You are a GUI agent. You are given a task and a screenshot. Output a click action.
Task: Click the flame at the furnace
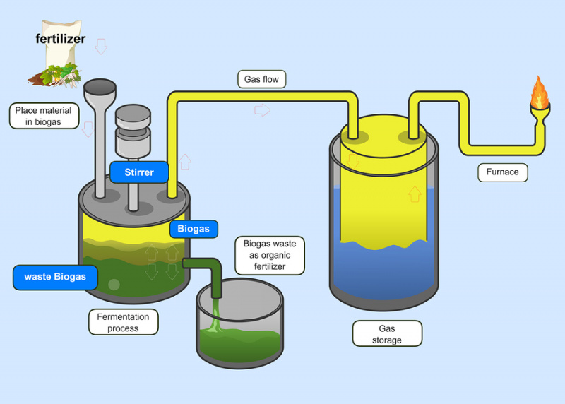540,93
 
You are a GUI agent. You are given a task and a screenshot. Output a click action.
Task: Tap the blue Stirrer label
140,172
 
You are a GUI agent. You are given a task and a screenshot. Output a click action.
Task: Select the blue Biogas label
194,229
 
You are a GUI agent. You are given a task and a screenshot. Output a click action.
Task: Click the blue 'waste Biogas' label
55,277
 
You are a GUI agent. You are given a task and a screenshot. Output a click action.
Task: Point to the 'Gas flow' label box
261,79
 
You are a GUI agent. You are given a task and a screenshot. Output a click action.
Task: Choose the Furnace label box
502,172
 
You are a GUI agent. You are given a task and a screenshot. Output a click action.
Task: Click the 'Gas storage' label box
386,333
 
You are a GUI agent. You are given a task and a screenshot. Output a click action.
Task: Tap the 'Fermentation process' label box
123,322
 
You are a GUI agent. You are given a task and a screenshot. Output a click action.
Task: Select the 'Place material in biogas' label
44,116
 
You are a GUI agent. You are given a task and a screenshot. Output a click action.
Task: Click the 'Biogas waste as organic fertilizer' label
270,255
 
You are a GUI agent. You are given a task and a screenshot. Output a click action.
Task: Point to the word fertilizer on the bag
61,39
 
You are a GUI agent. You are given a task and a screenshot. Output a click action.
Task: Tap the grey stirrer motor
133,131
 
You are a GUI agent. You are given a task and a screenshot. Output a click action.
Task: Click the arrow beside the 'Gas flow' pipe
263,109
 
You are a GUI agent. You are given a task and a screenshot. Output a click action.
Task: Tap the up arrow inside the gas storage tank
415,194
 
